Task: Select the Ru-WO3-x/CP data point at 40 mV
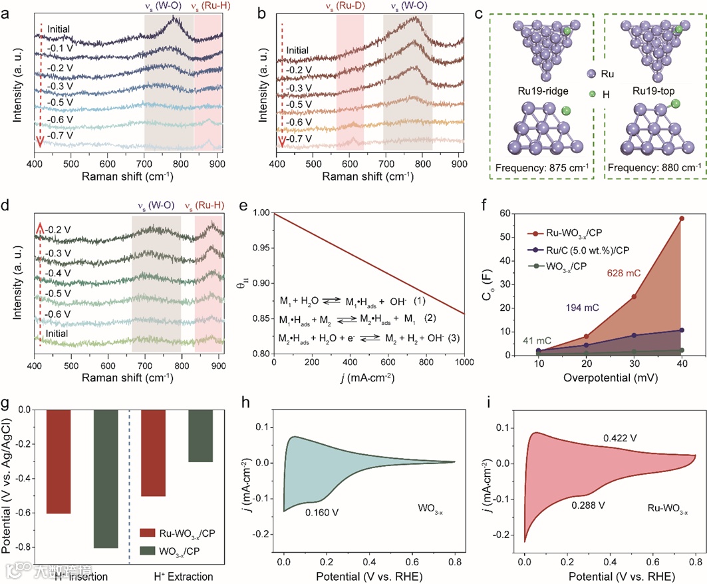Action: coord(682,218)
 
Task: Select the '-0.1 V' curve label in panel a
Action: coord(59,49)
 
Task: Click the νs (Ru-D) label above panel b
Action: coord(349,8)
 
